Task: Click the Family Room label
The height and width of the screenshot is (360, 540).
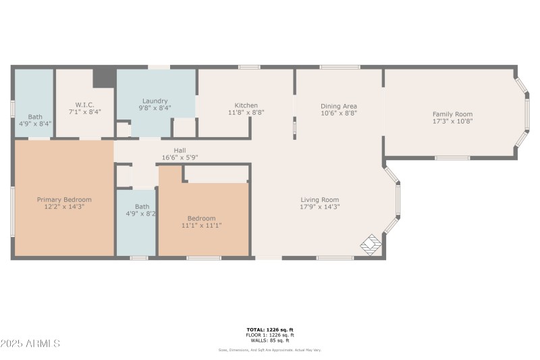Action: [x=452, y=114]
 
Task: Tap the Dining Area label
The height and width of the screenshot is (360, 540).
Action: [x=338, y=106]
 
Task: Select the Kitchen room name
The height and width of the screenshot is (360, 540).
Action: [x=246, y=105]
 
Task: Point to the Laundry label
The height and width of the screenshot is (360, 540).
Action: [x=155, y=101]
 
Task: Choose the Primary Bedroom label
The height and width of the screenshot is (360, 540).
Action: [x=64, y=199]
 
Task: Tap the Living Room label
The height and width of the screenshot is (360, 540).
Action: [x=319, y=199]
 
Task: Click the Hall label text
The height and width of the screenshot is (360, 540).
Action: [x=180, y=151]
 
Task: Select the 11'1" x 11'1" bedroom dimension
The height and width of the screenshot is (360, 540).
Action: [x=201, y=226]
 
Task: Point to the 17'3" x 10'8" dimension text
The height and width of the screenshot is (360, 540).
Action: [x=452, y=122]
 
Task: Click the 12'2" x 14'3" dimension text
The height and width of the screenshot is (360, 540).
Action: [x=64, y=207]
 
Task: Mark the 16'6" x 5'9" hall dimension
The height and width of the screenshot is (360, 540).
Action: [x=180, y=157]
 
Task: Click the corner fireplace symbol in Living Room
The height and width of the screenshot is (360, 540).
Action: [x=370, y=245]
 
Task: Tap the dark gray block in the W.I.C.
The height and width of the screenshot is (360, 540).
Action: [x=103, y=77]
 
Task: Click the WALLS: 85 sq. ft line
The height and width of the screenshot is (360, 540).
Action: [x=269, y=340]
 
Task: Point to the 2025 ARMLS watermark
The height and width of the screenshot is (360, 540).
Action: [x=30, y=344]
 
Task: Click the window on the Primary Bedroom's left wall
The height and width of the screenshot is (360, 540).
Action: [x=12, y=211]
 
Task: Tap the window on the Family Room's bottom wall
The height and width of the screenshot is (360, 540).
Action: [x=452, y=158]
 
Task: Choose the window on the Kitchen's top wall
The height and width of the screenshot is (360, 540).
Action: [x=249, y=67]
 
